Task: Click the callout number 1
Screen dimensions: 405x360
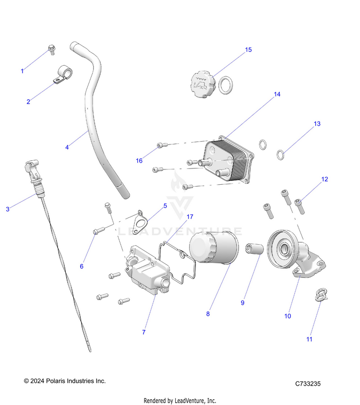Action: click(22, 71)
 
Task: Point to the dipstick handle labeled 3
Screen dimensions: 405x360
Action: click(30, 170)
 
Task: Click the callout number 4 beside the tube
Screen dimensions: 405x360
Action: click(67, 147)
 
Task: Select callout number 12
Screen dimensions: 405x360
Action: click(325, 179)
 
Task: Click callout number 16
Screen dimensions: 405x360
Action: click(139, 161)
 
